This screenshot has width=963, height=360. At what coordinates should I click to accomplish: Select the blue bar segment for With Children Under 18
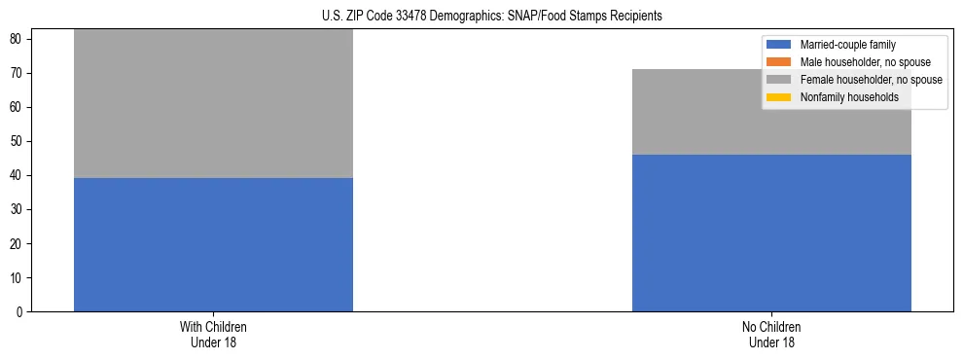(213, 244)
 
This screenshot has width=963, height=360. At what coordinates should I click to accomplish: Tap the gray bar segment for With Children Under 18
(213, 103)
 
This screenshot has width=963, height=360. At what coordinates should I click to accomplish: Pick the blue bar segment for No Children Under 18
(771, 233)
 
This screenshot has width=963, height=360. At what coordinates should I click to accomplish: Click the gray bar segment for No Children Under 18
(771, 112)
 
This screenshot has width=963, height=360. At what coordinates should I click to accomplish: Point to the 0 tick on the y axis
(19, 312)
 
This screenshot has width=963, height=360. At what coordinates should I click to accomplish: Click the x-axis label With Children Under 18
(213, 335)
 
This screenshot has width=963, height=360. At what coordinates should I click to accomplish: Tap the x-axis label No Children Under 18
(771, 335)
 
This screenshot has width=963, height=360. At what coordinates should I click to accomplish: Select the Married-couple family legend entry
(847, 45)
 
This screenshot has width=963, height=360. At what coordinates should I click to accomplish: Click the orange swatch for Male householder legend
(779, 62)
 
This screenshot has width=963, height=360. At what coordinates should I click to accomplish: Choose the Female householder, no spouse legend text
(871, 80)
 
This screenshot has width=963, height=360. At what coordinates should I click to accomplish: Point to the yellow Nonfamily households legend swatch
(779, 97)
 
